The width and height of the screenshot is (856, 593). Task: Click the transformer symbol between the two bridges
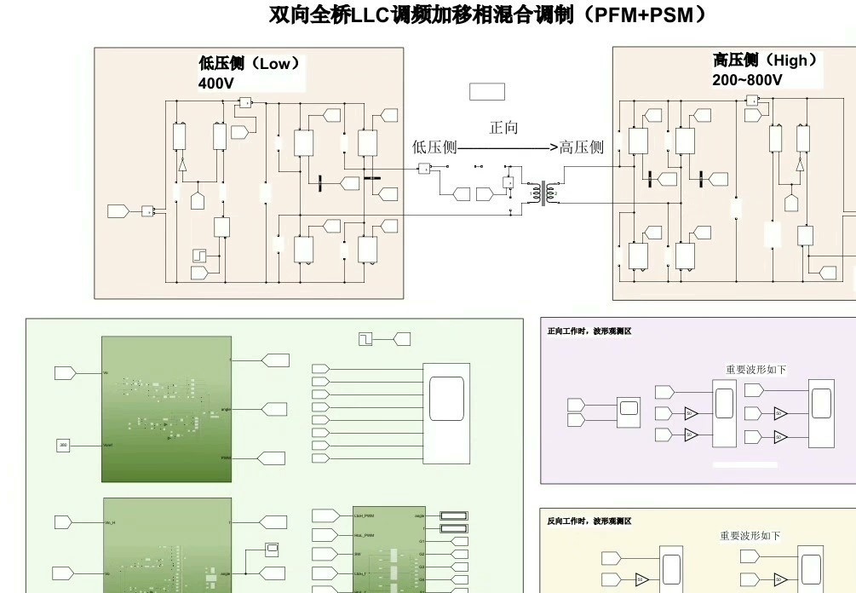(x=539, y=192)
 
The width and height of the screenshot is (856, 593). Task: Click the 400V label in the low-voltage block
(x=215, y=83)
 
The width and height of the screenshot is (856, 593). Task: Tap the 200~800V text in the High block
(x=747, y=80)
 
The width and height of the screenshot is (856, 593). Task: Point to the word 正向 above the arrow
(x=503, y=128)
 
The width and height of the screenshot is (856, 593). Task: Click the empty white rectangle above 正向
(x=486, y=91)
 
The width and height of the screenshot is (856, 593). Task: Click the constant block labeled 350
(x=63, y=445)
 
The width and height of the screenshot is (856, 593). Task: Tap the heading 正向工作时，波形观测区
(x=589, y=331)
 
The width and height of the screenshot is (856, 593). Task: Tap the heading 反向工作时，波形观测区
(x=589, y=520)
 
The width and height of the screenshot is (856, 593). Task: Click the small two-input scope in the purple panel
(x=629, y=412)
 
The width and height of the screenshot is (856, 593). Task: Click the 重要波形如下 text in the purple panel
(x=755, y=370)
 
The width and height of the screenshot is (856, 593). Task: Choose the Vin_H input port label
(x=111, y=521)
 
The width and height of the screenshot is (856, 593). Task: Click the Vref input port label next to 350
(x=109, y=445)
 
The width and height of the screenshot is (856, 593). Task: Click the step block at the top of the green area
(x=366, y=339)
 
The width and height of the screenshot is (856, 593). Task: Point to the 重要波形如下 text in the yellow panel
(x=750, y=536)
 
